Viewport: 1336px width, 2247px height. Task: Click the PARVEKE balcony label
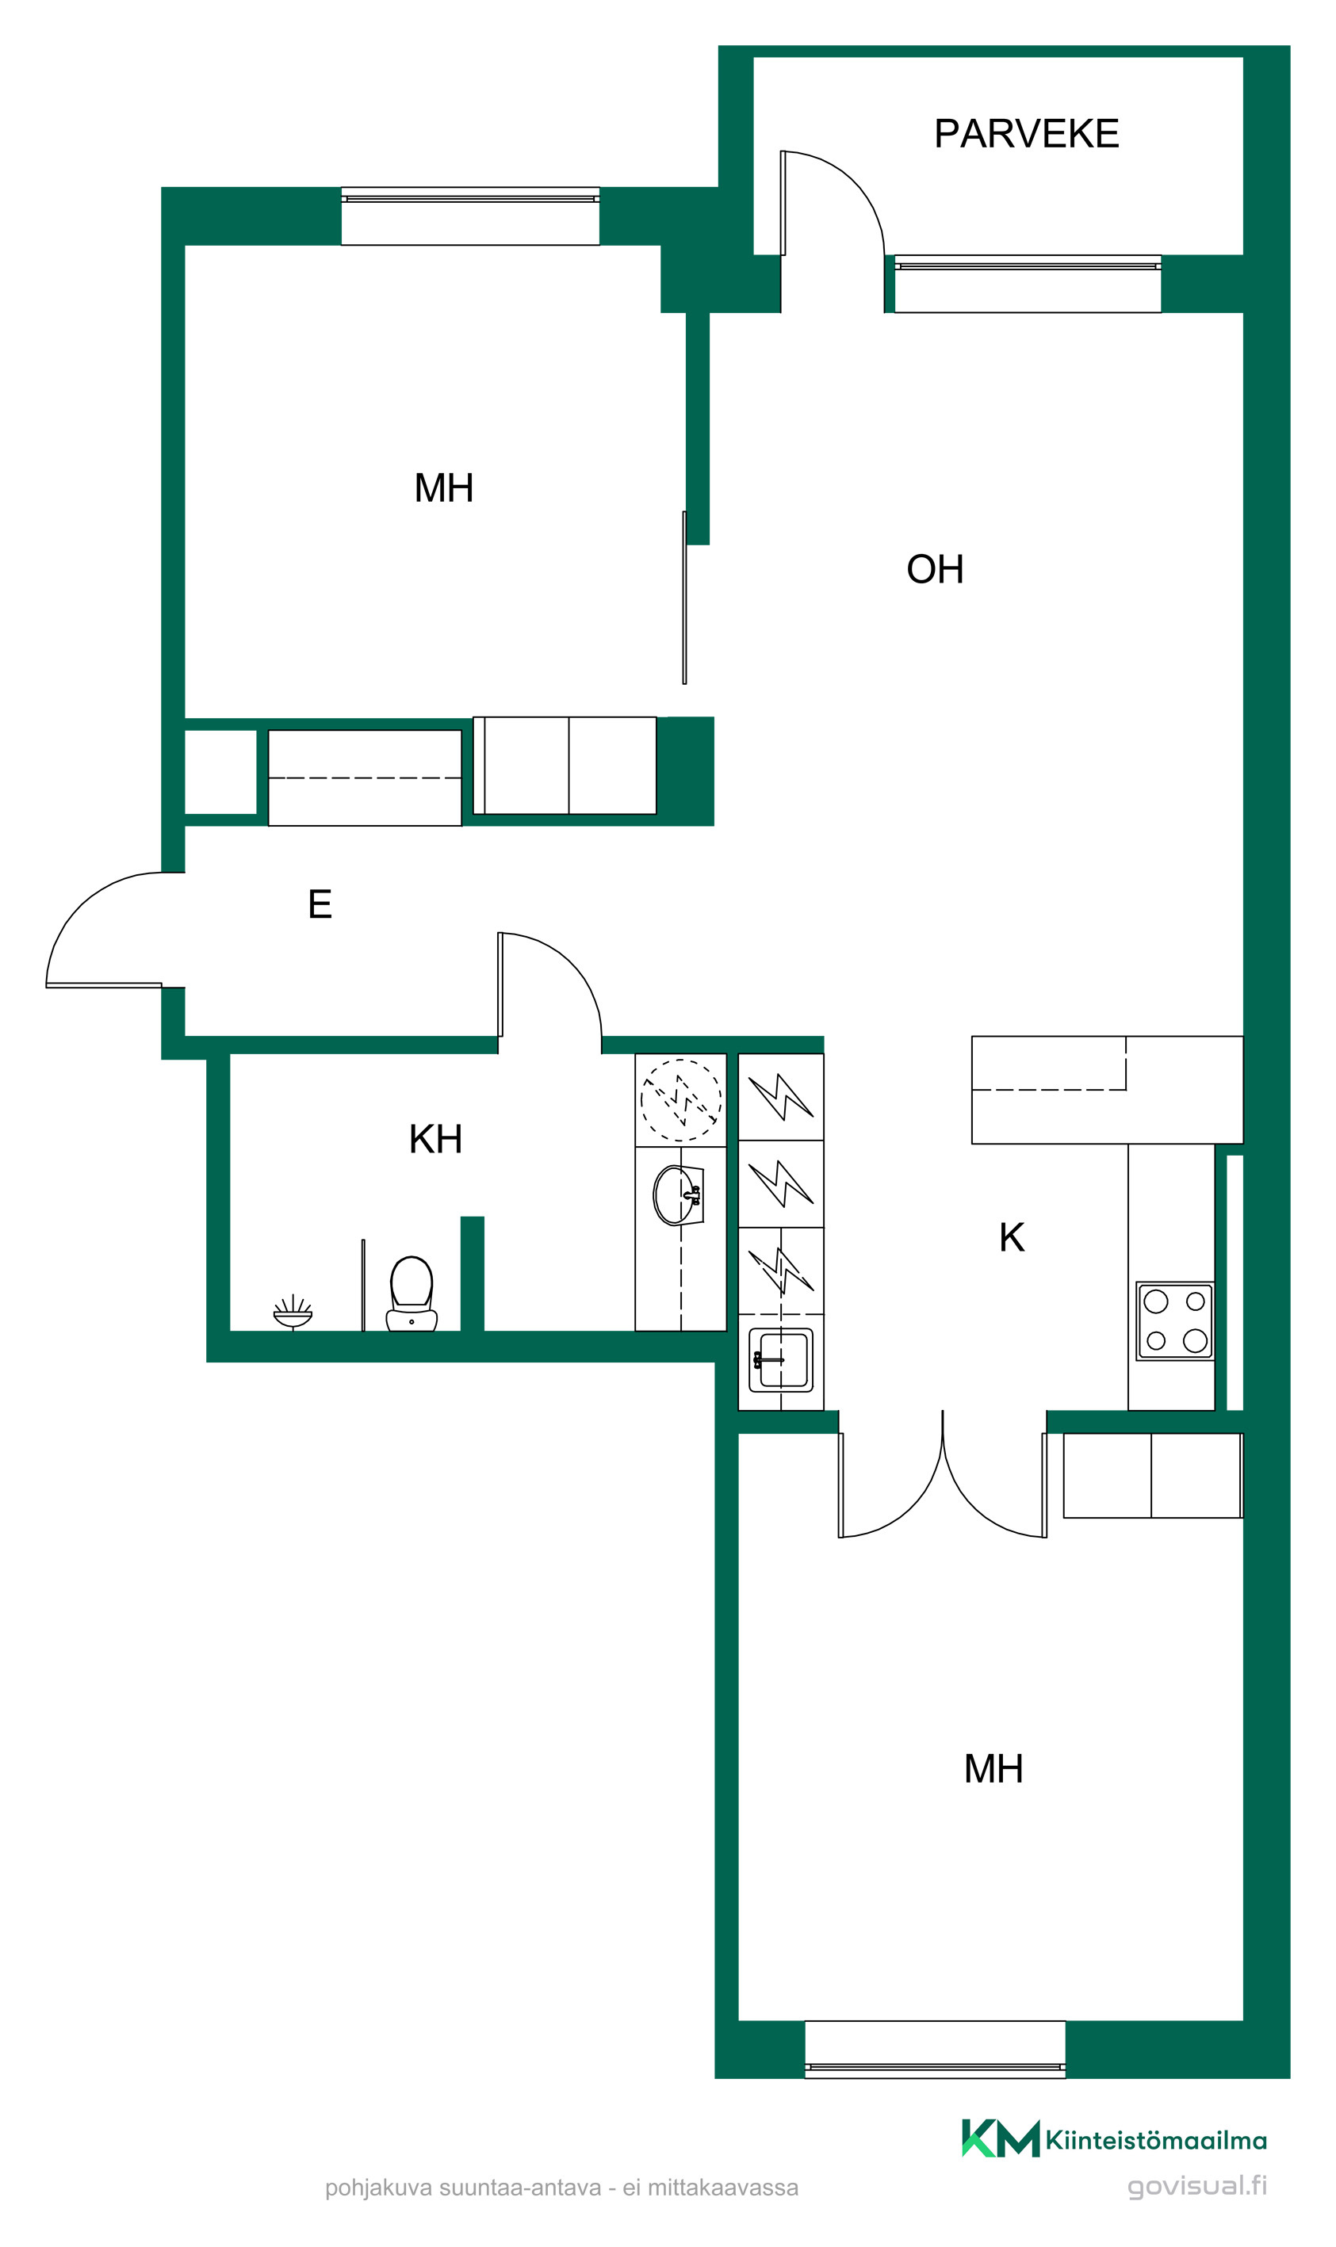click(1026, 133)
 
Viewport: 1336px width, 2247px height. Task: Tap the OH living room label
click(935, 569)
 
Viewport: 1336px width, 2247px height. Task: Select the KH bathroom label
click(436, 1139)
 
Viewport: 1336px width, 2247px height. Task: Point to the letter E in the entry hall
click(320, 904)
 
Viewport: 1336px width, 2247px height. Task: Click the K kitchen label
click(1012, 1237)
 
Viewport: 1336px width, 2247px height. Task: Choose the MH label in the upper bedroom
click(444, 487)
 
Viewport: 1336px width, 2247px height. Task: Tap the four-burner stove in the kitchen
click(1175, 1321)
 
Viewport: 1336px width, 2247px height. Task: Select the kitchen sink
click(780, 1360)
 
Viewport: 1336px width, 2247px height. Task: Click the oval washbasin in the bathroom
click(678, 1195)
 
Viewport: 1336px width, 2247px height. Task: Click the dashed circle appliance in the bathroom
click(680, 1099)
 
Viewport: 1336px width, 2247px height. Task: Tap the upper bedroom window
click(470, 216)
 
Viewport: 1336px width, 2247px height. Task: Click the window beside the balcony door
click(1028, 285)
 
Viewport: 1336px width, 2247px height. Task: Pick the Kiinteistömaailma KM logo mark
click(1000, 2138)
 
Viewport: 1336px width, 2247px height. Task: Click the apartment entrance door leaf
click(104, 985)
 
